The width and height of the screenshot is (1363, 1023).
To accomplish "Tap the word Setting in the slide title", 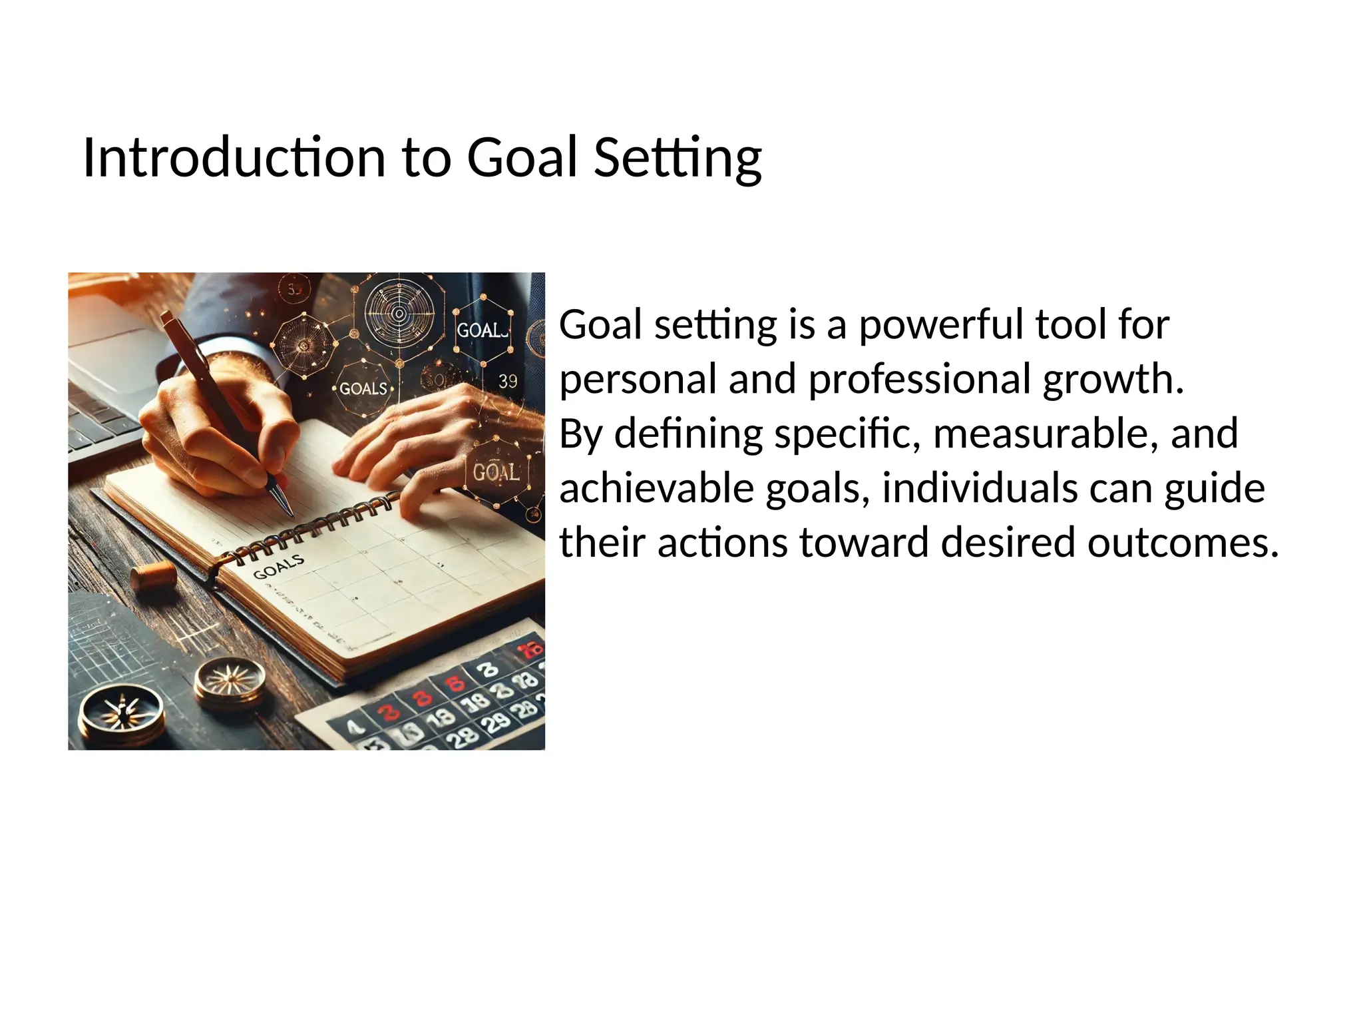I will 677,158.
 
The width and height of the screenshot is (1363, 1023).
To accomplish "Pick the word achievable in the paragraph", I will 656,488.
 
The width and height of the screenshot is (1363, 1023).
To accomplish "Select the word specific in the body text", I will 848,434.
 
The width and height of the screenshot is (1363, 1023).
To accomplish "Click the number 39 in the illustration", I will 508,381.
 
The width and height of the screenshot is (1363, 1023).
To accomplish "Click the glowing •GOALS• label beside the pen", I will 363,388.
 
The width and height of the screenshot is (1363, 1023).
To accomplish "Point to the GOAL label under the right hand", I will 495,472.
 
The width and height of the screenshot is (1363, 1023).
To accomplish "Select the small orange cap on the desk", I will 154,575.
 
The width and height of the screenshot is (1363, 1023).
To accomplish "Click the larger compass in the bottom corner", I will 122,713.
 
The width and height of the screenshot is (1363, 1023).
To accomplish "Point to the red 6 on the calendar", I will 457,683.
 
